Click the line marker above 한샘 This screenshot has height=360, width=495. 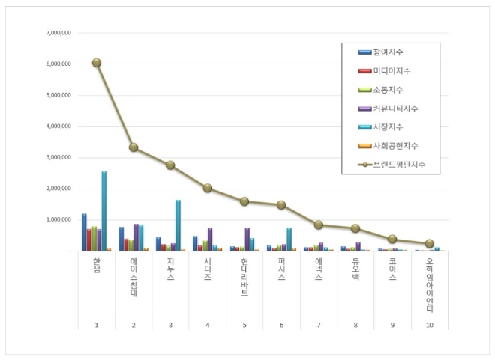coord(97,63)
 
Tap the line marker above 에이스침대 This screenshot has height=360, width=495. coord(133,147)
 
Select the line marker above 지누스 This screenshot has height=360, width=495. coord(170,165)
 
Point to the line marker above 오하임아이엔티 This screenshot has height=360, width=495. coord(430,243)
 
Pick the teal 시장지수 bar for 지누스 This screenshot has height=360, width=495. coord(178,225)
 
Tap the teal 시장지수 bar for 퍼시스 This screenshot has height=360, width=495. coord(289,240)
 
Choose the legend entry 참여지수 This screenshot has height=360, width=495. coord(389,52)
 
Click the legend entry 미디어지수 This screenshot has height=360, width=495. coord(393,71)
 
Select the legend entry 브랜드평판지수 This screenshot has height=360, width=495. coord(398,165)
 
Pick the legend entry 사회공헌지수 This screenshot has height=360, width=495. coord(395,146)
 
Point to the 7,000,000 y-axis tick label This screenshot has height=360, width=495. coord(58,33)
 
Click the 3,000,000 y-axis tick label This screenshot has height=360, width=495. coord(58,158)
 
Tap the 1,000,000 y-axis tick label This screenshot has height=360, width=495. coord(58,220)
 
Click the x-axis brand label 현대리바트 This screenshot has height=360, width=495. coord(244,276)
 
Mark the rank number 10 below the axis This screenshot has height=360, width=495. coord(430,325)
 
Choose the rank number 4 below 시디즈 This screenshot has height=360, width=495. coord(207,325)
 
